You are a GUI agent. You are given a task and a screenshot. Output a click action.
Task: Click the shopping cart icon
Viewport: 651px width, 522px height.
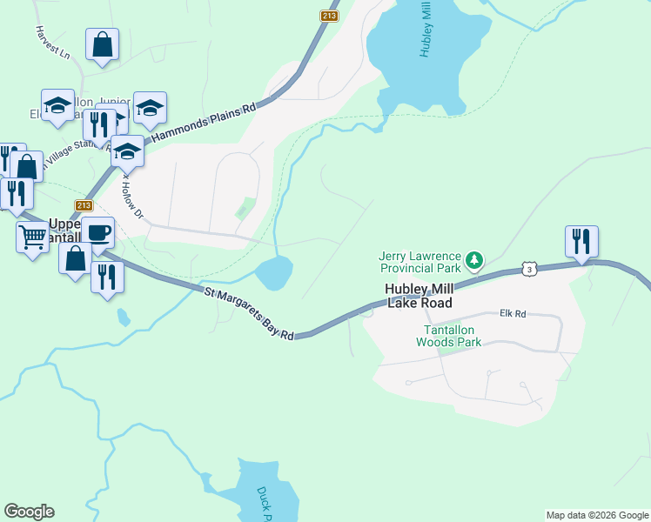(x=33, y=235)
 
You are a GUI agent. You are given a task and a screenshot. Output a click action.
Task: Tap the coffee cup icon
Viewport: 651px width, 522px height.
(x=98, y=232)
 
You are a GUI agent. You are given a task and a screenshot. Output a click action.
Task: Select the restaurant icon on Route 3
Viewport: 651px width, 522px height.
(x=581, y=241)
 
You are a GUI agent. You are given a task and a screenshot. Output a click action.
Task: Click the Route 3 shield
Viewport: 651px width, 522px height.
(x=528, y=271)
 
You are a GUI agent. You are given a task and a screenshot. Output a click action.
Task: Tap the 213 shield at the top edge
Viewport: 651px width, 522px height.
(x=328, y=16)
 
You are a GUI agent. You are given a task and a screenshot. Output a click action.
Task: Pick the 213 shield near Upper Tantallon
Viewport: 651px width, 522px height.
(x=84, y=205)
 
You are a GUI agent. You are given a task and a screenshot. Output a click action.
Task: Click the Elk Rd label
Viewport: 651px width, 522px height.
(x=513, y=313)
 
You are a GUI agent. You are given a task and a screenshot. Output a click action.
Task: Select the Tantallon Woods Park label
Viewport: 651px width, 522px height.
(x=453, y=336)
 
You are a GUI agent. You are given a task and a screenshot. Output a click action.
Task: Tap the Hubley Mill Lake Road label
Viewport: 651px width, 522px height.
(x=419, y=296)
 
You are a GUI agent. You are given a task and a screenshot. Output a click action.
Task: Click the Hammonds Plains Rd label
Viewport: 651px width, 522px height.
(x=205, y=123)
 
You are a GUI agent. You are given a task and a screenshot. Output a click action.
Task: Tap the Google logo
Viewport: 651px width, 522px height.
(x=29, y=512)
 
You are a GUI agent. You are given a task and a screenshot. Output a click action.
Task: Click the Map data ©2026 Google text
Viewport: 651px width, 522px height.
(x=597, y=515)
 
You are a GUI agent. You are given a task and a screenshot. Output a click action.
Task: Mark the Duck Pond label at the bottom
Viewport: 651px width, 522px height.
(x=265, y=502)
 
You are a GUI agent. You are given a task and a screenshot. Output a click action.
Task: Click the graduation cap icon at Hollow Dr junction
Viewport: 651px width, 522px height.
(x=127, y=151)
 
